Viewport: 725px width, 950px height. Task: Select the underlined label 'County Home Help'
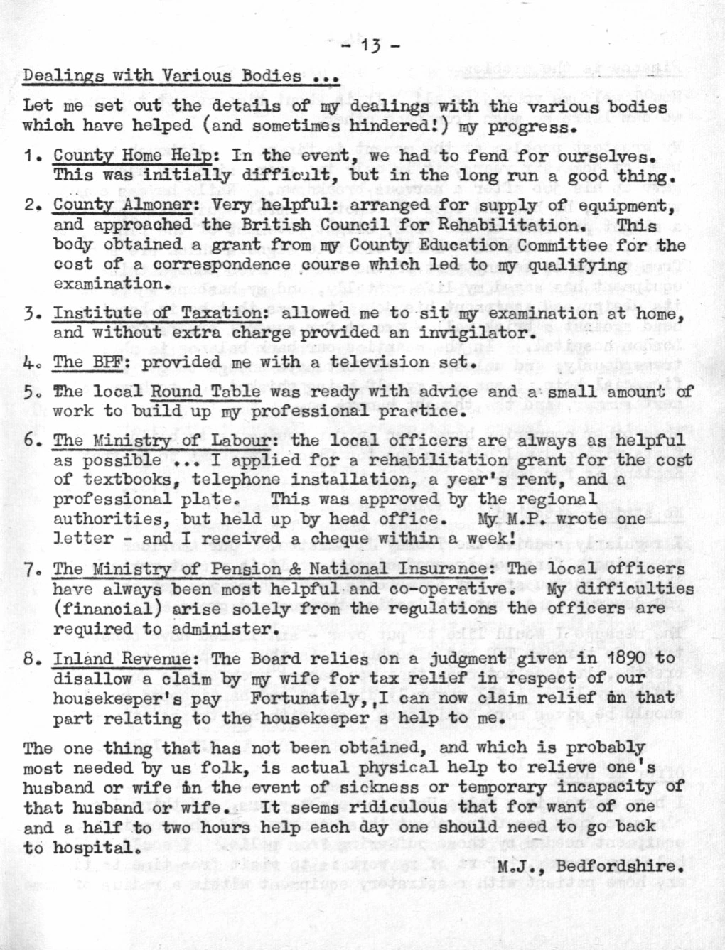pyautogui.click(x=132, y=155)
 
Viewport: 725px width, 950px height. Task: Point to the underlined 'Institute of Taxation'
pyautogui.click(x=157, y=313)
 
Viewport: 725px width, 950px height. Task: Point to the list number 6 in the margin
pyautogui.click(x=29, y=441)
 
